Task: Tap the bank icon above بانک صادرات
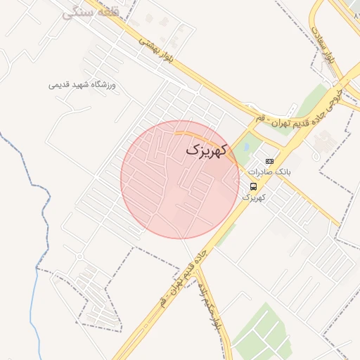(x=269, y=161)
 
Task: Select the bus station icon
(x=252, y=186)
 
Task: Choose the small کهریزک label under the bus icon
(x=253, y=198)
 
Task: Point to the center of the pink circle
(x=180, y=179)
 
